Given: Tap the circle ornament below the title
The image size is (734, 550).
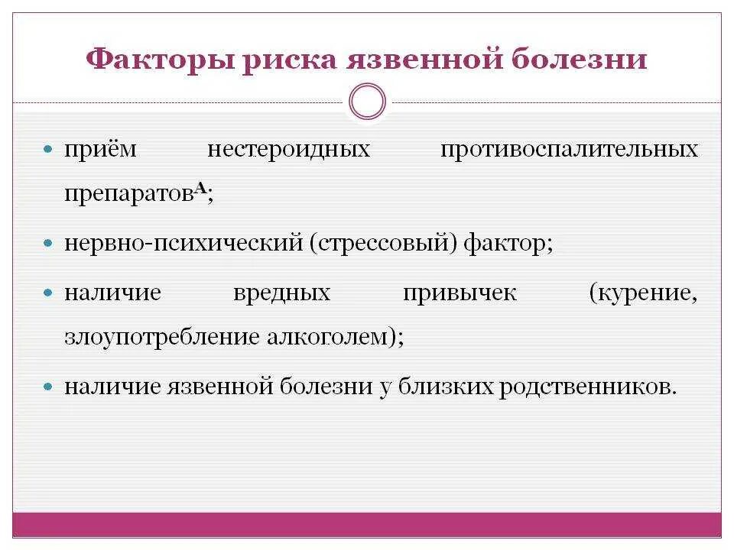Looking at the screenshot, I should tap(367, 102).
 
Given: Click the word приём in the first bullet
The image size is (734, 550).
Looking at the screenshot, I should tap(100, 149).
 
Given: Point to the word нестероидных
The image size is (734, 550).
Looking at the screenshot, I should tap(288, 149).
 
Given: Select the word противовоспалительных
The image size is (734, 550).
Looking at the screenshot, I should tap(569, 149).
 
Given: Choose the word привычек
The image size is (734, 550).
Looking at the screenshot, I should tap(460, 293).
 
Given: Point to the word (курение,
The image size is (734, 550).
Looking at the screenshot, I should tap(643, 293).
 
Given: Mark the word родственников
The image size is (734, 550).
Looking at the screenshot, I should tap(587, 387).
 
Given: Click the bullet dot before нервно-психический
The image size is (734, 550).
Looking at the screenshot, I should tap(48, 245).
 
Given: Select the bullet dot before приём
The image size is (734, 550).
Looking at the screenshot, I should tap(48, 149).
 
